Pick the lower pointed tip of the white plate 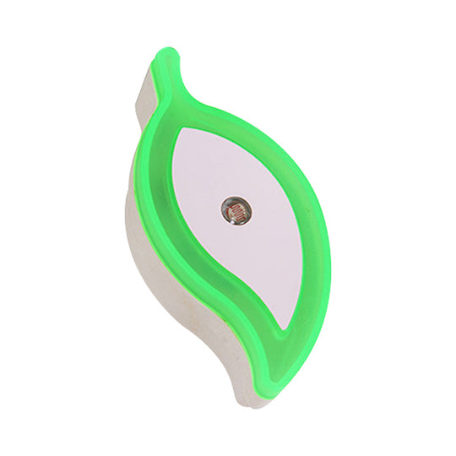tap(285, 325)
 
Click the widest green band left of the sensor tap(159, 211)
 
